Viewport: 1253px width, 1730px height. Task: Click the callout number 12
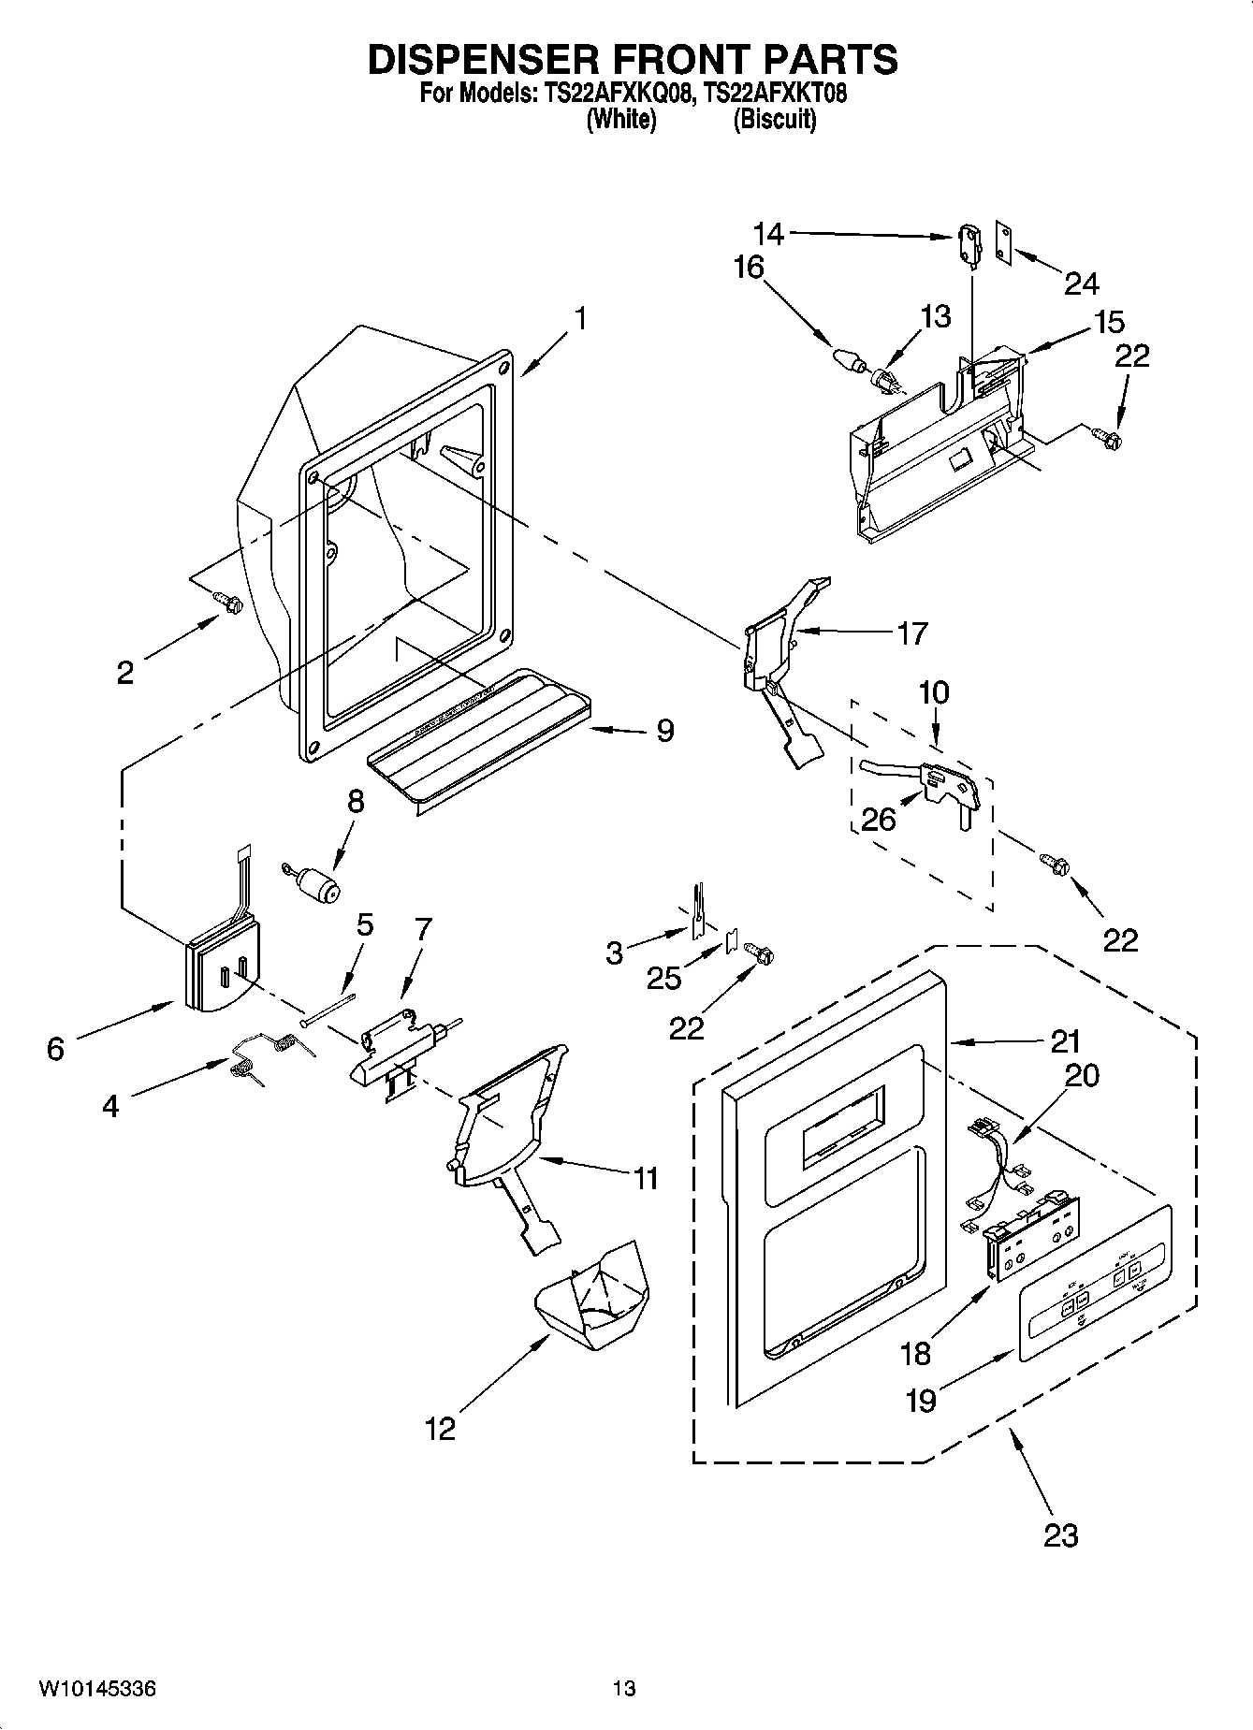pyautogui.click(x=440, y=1429)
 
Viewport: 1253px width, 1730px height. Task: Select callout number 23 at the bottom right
pyautogui.click(x=1060, y=1534)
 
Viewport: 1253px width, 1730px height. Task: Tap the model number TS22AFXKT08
pyautogui.click(x=775, y=94)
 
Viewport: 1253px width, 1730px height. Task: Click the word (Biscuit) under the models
pyautogui.click(x=775, y=120)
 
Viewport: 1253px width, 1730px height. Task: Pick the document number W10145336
pyautogui.click(x=97, y=1689)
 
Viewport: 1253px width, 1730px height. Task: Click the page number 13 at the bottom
pyautogui.click(x=624, y=1689)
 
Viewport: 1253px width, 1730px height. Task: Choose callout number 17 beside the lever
pyautogui.click(x=911, y=633)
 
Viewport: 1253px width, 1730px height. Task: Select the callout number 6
pyautogui.click(x=55, y=1049)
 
